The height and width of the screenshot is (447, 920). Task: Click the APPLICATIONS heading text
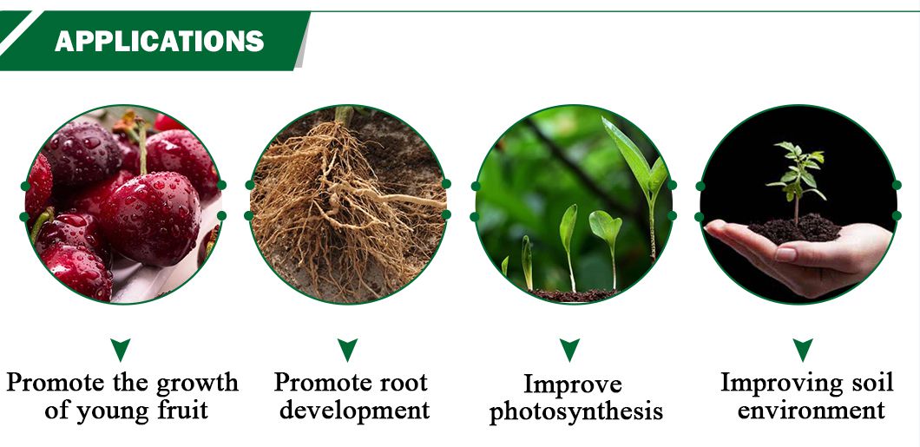[159, 41]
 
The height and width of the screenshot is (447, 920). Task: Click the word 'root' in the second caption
[401, 383]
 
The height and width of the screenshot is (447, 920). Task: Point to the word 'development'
[354, 411]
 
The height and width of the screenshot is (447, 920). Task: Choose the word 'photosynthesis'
[576, 411]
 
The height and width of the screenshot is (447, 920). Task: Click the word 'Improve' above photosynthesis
[572, 385]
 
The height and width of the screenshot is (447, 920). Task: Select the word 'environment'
[811, 410]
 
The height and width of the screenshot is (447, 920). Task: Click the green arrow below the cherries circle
[121, 350]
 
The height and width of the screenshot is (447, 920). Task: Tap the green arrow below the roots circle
[347, 350]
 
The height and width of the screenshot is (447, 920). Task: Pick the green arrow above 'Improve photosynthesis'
[569, 350]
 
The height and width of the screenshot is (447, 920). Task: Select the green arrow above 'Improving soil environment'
[803, 350]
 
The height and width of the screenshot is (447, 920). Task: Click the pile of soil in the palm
[795, 229]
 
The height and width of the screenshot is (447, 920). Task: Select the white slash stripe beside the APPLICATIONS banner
[22, 33]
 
